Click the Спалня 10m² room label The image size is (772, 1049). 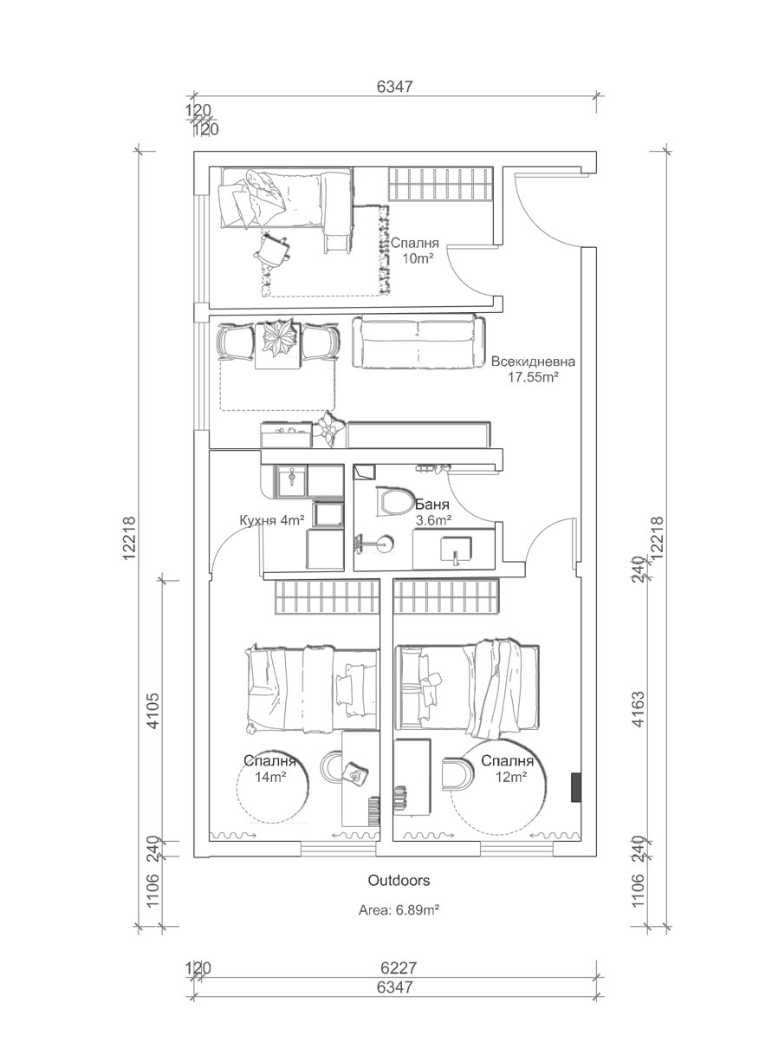point(414,251)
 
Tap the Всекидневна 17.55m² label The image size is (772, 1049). point(532,368)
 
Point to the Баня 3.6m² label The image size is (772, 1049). point(433,511)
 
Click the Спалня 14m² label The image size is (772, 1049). point(270,769)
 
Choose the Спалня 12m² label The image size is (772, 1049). point(507,769)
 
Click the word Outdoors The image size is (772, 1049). point(399,880)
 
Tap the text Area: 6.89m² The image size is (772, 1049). point(401,911)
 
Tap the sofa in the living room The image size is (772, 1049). point(415,342)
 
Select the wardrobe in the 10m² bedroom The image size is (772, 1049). point(439,183)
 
